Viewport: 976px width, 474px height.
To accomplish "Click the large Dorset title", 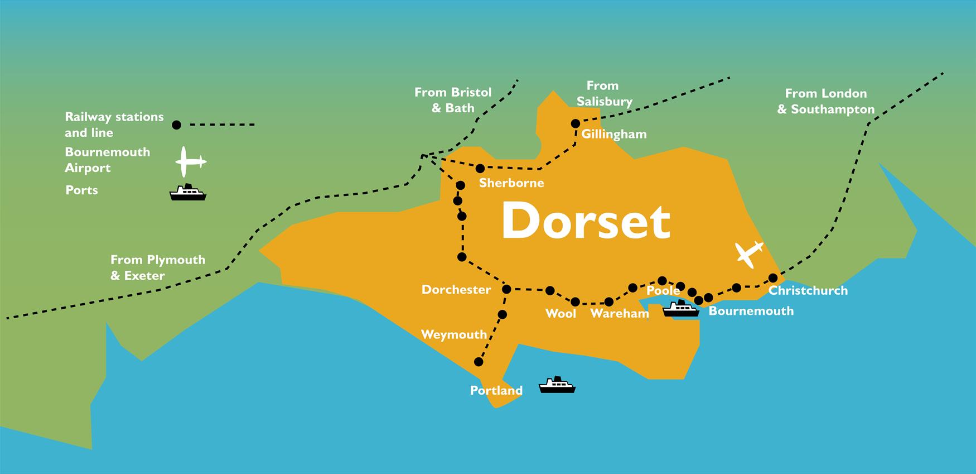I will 586,221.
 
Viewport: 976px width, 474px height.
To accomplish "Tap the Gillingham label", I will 613,134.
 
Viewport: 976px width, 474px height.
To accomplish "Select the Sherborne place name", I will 511,183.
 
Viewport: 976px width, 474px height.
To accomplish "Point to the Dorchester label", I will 456,289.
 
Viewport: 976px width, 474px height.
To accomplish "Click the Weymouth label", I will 453,334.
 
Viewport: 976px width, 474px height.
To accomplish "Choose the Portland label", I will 496,390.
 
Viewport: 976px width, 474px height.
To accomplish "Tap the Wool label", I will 561,313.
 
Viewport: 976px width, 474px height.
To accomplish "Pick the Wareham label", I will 619,313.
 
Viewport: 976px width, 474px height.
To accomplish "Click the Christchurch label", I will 808,290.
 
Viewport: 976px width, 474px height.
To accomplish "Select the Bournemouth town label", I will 751,311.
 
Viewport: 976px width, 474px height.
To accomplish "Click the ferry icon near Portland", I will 557,385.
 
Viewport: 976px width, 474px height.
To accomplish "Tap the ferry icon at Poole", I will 680,308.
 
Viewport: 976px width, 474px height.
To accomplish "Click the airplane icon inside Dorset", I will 748,253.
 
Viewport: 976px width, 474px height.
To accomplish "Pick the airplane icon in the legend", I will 190,162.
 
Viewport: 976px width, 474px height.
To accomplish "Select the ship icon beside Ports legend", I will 188,192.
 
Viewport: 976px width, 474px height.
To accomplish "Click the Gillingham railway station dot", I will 576,123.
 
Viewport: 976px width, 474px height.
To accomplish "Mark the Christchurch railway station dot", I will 773,278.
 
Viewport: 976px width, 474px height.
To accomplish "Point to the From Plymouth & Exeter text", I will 158,267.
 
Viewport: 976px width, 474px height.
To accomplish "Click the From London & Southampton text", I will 825,101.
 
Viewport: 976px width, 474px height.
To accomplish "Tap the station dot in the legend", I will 176,125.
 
